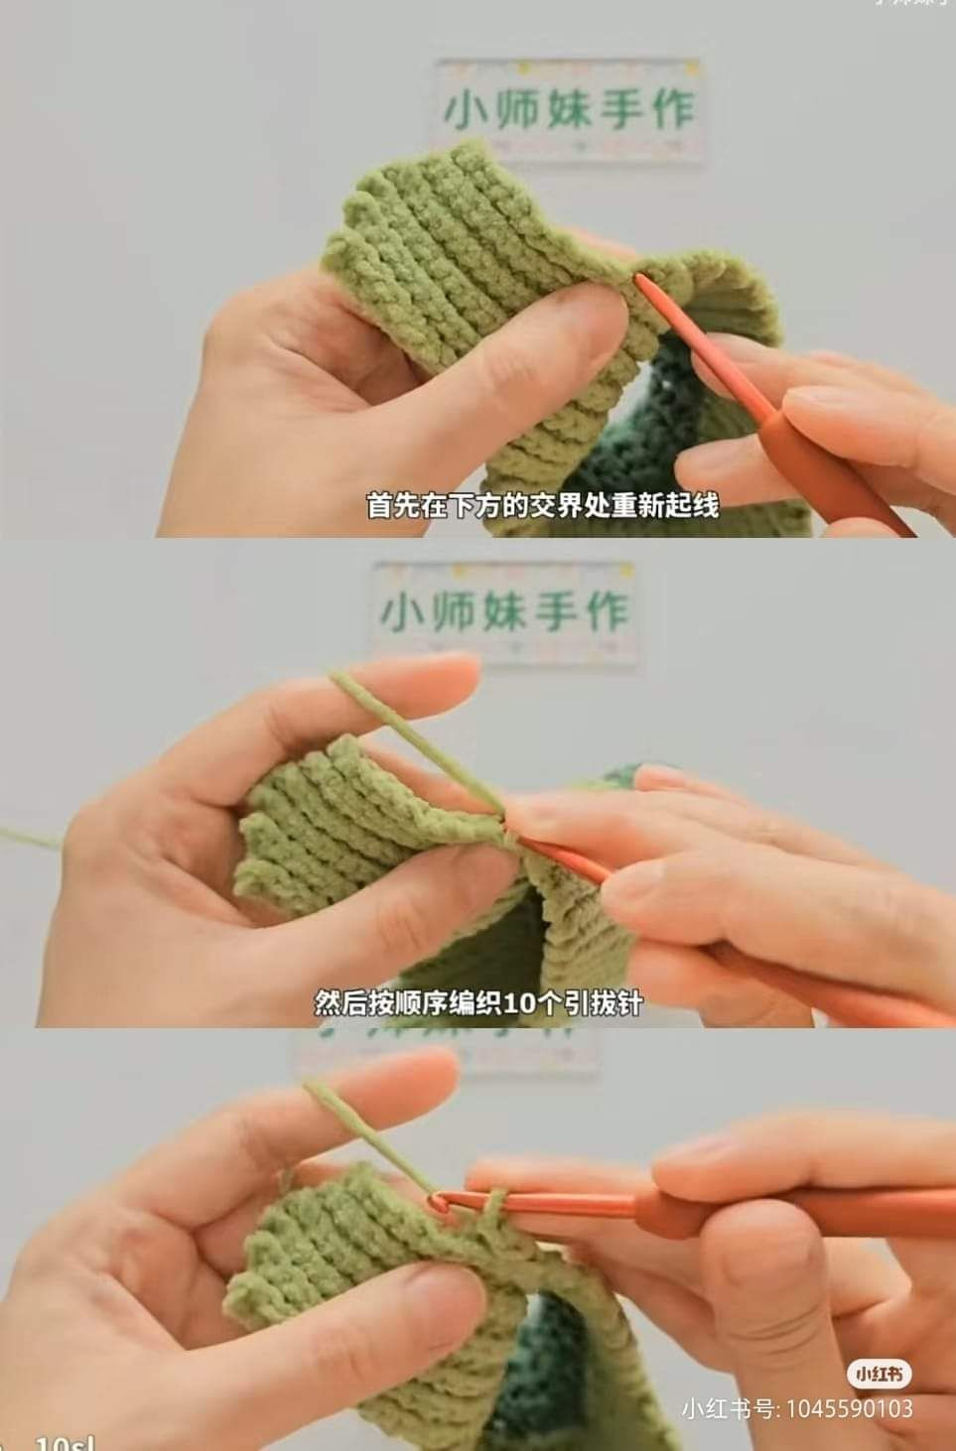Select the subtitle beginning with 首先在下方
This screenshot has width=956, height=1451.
(542, 505)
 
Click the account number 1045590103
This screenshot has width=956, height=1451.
(849, 1408)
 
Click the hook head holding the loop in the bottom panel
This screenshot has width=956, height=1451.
(437, 1204)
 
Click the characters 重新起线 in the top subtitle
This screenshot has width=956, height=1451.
(667, 505)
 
